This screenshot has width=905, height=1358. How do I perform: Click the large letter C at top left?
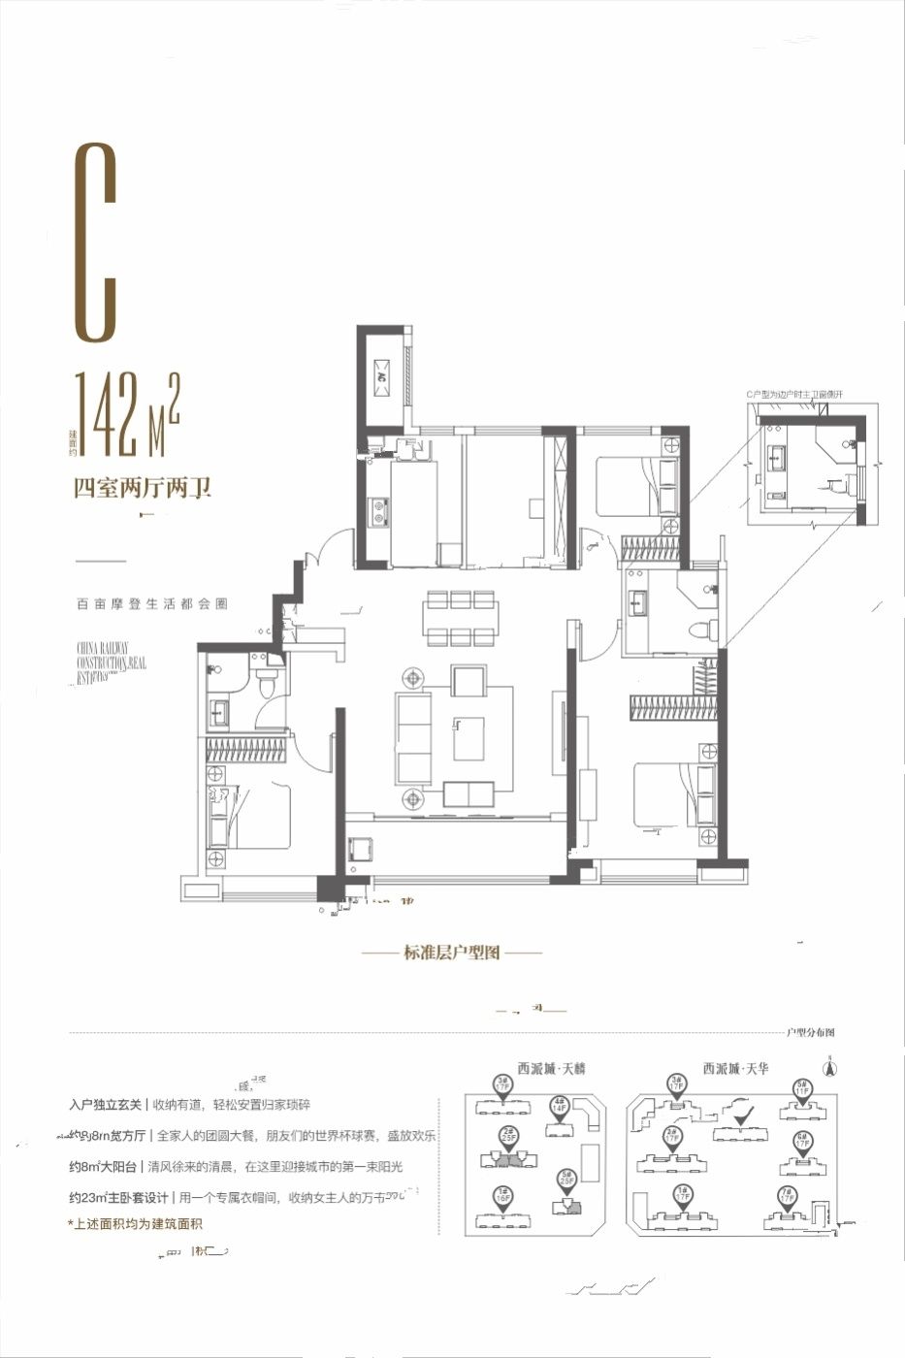click(x=96, y=242)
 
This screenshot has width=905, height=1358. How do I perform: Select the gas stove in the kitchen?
click(x=377, y=511)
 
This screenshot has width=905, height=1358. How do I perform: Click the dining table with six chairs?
click(x=461, y=618)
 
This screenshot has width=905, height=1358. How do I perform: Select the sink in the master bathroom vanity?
click(x=638, y=604)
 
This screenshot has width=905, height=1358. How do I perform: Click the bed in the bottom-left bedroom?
click(x=254, y=816)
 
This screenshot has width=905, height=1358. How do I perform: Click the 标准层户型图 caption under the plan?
click(x=452, y=954)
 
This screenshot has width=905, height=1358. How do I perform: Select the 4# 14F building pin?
click(x=558, y=1107)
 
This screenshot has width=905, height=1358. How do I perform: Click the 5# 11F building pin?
click(x=801, y=1089)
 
